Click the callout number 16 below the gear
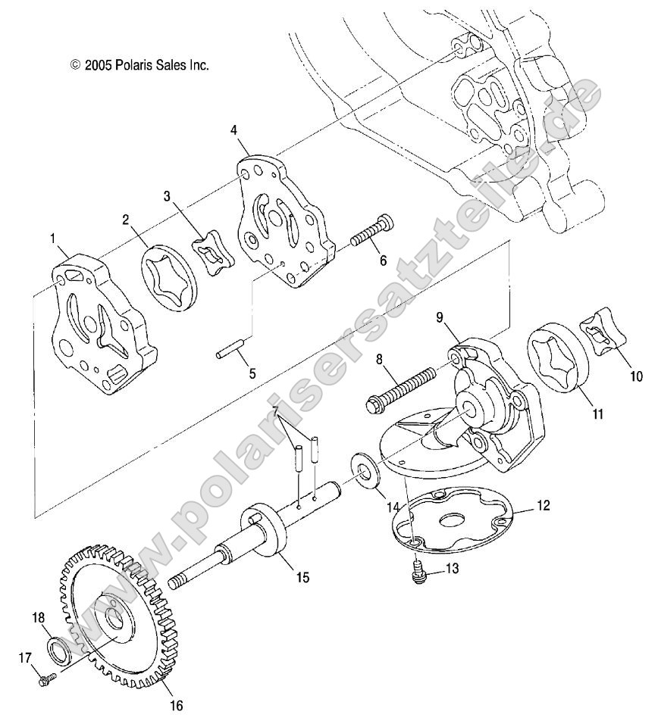(x=175, y=706)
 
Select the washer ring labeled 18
(x=58, y=649)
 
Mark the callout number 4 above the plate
(x=235, y=130)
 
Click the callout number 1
(x=53, y=239)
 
